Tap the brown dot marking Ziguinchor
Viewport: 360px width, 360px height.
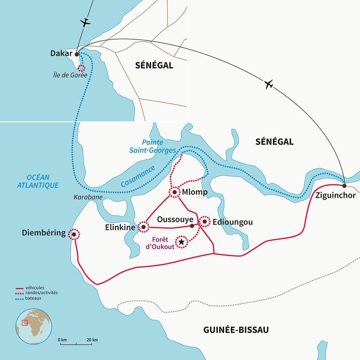[344, 186]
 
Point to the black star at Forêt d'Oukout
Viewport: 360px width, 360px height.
[181, 242]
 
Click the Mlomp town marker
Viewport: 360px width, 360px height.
[174, 192]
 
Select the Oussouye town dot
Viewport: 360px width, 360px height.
[191, 226]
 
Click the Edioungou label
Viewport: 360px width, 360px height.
[233, 222]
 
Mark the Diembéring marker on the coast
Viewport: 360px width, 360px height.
[74, 234]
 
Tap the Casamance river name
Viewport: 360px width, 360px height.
[138, 176]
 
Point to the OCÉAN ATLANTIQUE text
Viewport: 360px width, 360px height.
[38, 181]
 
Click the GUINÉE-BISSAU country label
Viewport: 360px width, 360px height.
[236, 330]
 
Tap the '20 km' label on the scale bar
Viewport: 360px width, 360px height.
[92, 340]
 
